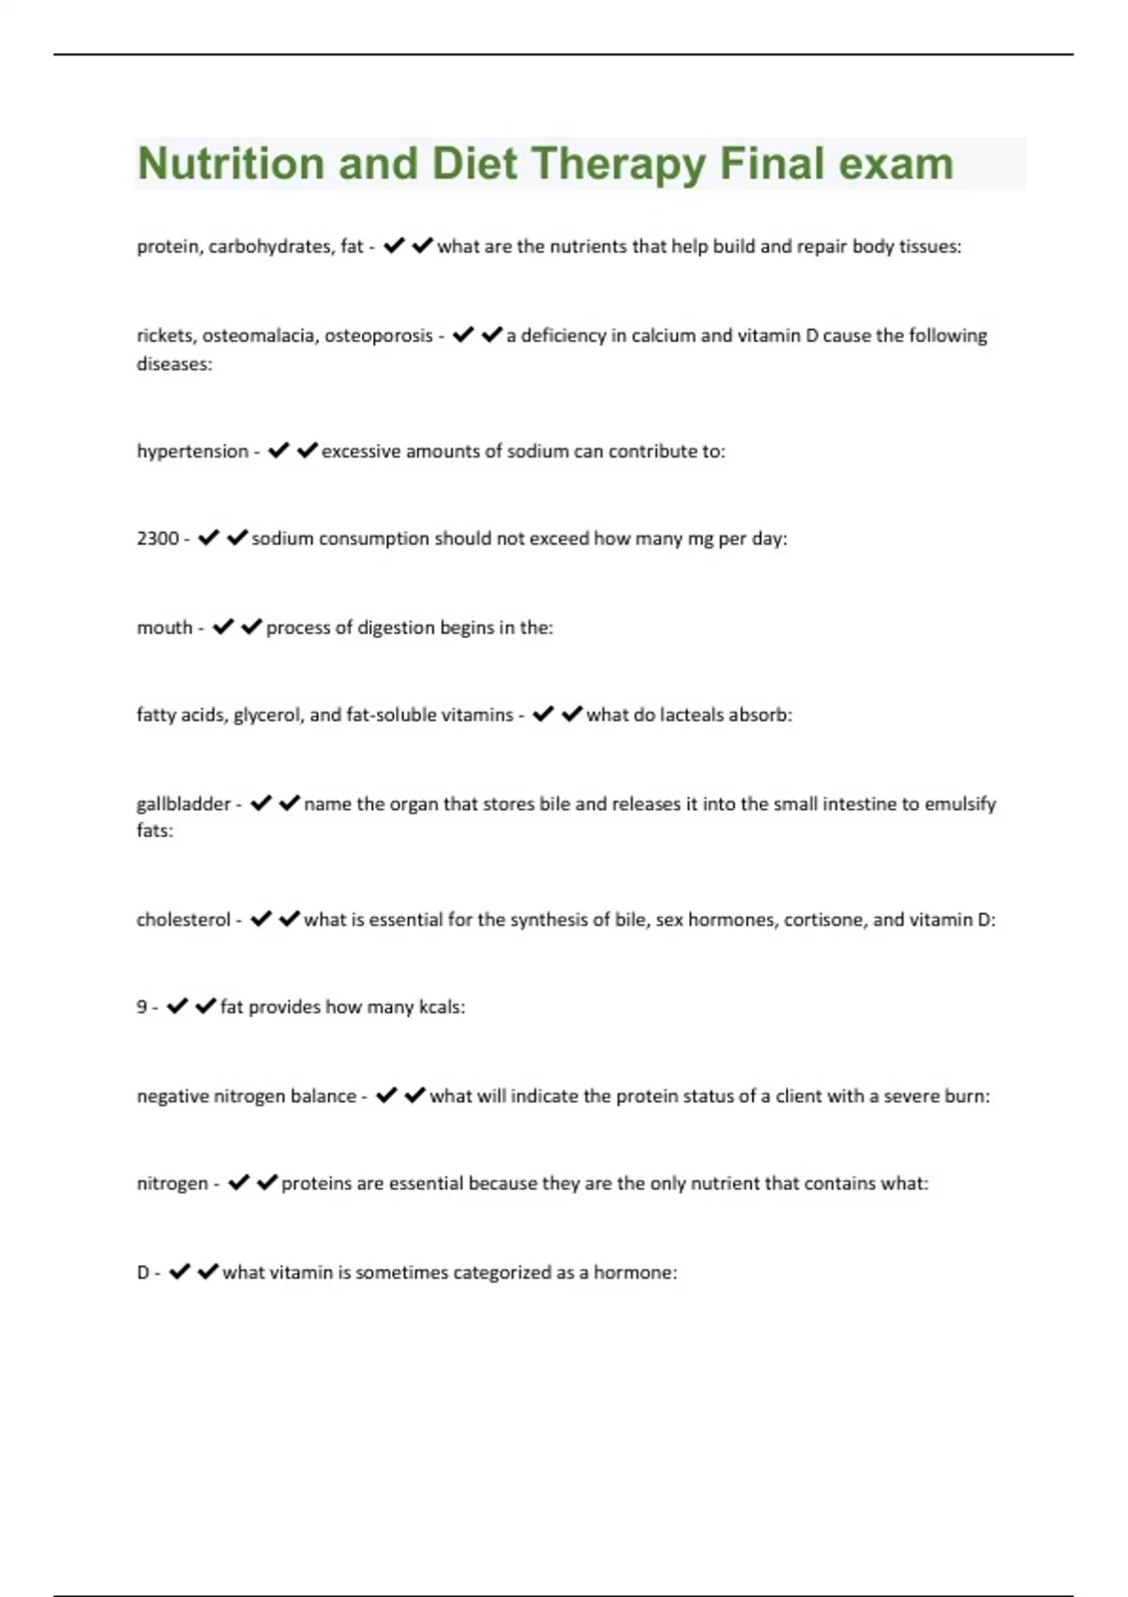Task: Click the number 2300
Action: (x=157, y=538)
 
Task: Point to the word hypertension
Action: (x=192, y=452)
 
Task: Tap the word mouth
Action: (x=164, y=628)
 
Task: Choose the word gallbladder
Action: (x=183, y=804)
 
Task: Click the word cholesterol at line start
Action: (x=182, y=920)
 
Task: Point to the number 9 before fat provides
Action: (x=142, y=1007)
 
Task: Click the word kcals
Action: (x=441, y=1007)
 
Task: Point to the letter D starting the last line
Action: (x=143, y=1273)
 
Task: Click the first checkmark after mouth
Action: (x=222, y=627)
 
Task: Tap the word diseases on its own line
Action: (x=174, y=364)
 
